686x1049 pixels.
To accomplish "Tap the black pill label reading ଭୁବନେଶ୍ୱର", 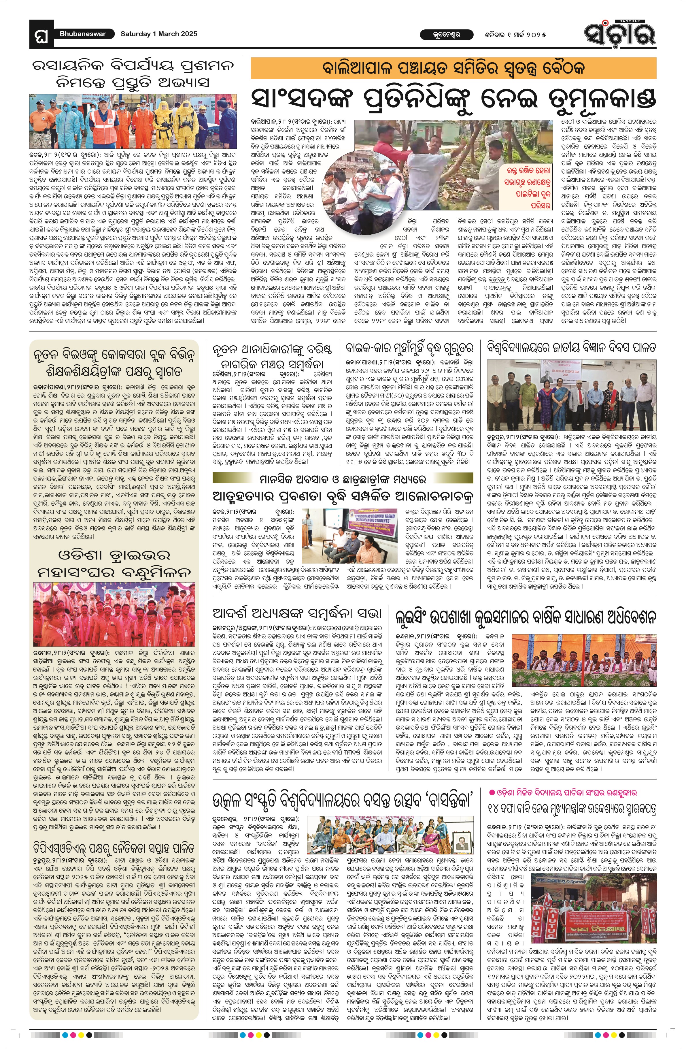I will coord(441,34).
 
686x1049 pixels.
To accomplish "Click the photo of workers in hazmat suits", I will coord(133,121).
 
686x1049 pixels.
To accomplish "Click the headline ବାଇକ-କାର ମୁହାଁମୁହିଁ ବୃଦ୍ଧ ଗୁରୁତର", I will coord(409,348).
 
